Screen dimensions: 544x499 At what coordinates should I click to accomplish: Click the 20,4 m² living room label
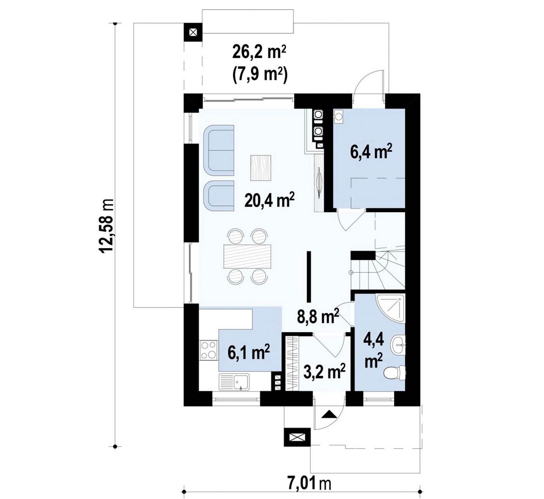[x=269, y=200]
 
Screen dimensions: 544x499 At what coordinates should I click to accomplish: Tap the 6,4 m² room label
[x=371, y=152]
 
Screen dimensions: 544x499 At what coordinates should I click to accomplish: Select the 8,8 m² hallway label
[x=318, y=316]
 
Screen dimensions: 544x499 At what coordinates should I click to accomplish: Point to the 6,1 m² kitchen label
[x=249, y=352]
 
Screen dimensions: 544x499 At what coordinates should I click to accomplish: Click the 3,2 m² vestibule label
[x=324, y=371]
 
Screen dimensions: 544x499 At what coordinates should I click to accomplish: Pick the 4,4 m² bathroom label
[x=374, y=352]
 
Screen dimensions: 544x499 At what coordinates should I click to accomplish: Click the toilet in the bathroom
[x=395, y=372]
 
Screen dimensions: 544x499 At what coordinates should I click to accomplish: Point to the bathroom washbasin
[x=397, y=345]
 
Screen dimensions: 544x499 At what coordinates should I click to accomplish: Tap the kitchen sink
[x=234, y=382]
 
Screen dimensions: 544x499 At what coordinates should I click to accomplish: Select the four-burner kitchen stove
[x=209, y=350]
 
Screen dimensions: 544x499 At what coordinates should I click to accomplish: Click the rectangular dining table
[x=247, y=256]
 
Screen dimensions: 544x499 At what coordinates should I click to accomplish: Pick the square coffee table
[x=261, y=168]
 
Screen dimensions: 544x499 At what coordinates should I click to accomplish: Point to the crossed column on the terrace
[x=193, y=32]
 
